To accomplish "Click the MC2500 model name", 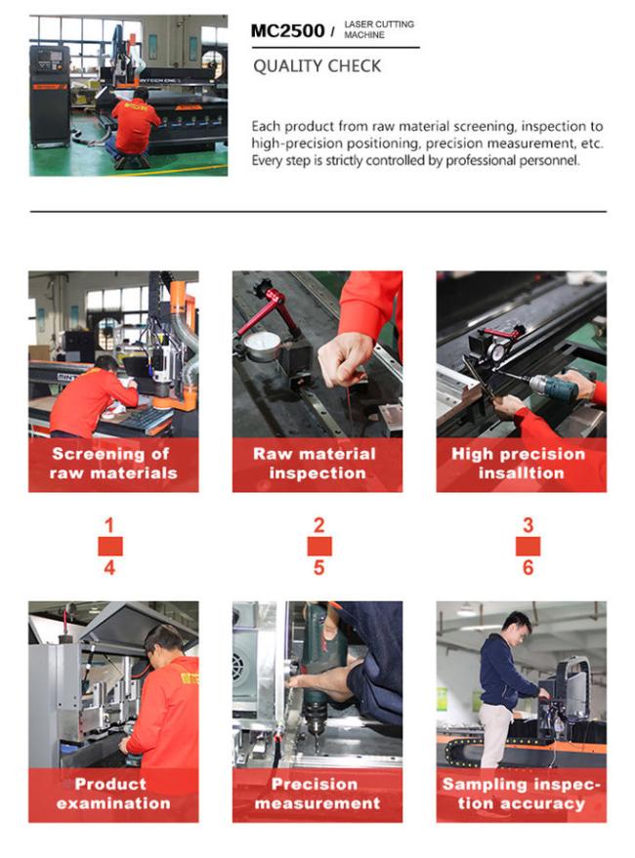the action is point(287,30).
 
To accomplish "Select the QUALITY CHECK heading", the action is point(317,66).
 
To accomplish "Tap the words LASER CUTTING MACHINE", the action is point(379,29).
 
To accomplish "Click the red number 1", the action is point(109,525).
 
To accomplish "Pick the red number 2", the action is point(318,525).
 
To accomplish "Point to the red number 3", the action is point(528,525).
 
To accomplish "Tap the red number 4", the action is point(109,567).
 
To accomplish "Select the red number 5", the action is point(318,567).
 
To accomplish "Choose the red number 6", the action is point(528,567).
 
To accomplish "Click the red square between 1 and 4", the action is point(110,546).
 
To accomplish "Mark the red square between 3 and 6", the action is point(529,546).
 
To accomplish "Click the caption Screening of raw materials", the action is point(113,463).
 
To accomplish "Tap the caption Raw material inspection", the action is point(317,463).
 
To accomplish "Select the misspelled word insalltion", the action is point(521,472).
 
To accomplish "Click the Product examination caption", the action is point(113,794).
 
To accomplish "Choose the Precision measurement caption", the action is point(317,794).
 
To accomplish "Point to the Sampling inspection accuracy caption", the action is point(521,794).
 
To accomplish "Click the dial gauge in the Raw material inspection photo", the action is point(262,346).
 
